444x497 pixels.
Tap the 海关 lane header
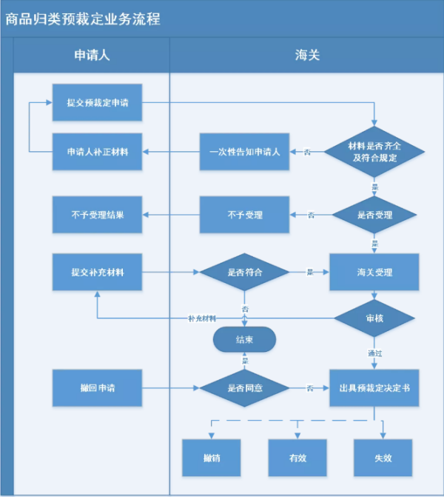[x=306, y=56]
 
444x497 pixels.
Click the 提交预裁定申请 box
[x=97, y=103]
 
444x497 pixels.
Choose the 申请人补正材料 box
[x=97, y=152]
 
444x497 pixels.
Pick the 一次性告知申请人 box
[x=244, y=152]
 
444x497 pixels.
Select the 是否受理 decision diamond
[x=375, y=215]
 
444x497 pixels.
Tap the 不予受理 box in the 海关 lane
[x=244, y=215]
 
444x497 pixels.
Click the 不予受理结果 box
[x=97, y=215]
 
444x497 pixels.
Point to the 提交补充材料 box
[x=97, y=272]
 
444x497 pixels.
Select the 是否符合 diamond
[x=244, y=272]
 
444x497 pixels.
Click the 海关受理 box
[x=374, y=272]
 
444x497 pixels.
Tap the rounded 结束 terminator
[x=244, y=340]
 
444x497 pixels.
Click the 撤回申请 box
[x=97, y=387]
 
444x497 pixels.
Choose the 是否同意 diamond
[x=244, y=387]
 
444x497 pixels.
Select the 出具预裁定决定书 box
[x=374, y=387]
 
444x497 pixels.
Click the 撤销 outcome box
[x=212, y=457]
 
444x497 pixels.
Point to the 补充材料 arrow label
[x=201, y=318]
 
